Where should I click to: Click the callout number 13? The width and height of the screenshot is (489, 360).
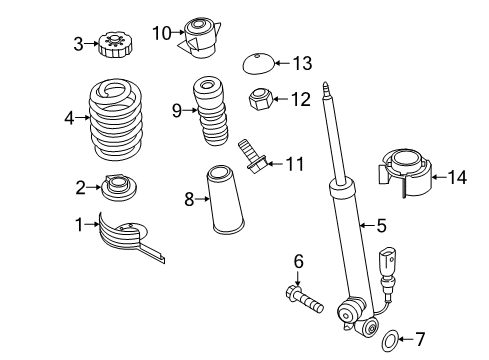[x=303, y=63]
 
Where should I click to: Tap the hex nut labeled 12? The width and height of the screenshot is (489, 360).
[x=261, y=99]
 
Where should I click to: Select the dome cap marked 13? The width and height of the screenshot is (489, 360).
[x=258, y=63]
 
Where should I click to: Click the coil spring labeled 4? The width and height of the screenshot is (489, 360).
[x=116, y=119]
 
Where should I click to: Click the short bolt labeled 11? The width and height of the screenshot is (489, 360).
[x=252, y=157]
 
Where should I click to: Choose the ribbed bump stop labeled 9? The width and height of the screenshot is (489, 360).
[x=211, y=111]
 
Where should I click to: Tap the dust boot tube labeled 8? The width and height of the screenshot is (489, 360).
[x=225, y=199]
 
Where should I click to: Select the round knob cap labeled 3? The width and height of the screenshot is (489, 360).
[x=112, y=45]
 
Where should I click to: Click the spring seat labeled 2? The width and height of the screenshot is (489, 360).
[x=119, y=188]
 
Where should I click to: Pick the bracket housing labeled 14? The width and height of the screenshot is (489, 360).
[x=406, y=173]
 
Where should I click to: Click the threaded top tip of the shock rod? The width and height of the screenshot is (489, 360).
[x=326, y=89]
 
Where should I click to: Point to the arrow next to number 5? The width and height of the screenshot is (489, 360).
[x=368, y=226]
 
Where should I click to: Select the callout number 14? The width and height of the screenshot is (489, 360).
[x=457, y=177]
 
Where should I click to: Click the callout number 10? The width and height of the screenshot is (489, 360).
[x=162, y=33]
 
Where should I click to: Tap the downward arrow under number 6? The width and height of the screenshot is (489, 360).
[x=298, y=278]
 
